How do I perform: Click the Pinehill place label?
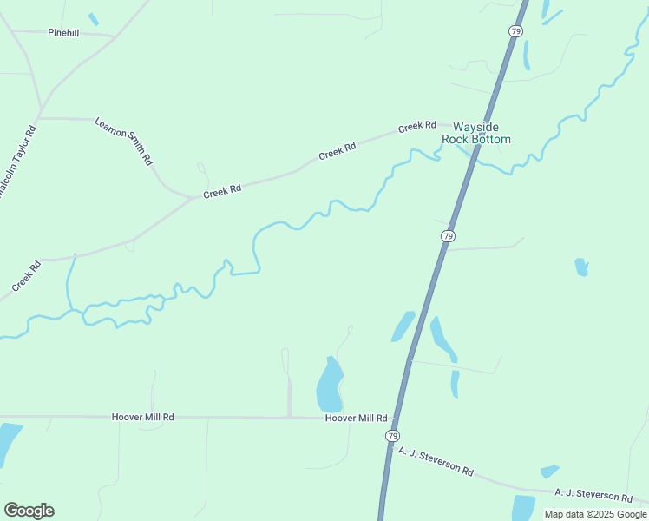63,31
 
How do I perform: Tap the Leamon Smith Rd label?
123,142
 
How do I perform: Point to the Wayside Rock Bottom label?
476,133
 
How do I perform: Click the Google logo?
29,511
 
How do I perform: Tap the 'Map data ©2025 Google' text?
595,514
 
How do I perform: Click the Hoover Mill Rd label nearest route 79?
356,418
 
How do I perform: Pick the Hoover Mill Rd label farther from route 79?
143,417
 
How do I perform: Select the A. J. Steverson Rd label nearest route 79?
436,461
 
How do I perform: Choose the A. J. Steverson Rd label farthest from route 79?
593,495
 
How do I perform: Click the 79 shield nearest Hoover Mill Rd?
393,435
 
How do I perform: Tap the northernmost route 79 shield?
515,31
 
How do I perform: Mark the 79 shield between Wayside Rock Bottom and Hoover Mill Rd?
448,236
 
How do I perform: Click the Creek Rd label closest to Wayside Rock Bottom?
416,127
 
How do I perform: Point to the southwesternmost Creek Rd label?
27,277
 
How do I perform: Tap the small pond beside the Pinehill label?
93,19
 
